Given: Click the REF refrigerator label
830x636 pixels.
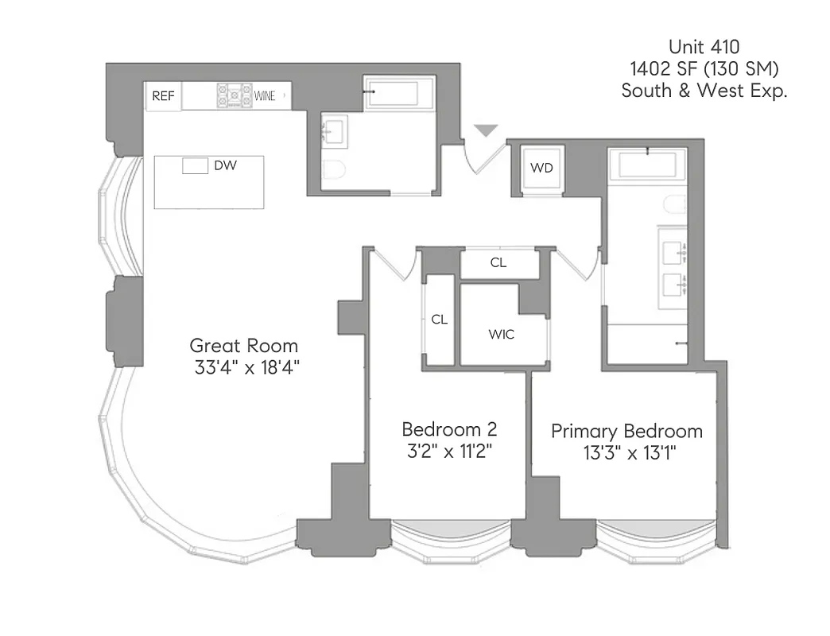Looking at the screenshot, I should tap(163, 96).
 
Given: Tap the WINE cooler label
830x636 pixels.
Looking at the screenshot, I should tap(266, 96).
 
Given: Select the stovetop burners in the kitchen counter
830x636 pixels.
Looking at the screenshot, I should tap(235, 96).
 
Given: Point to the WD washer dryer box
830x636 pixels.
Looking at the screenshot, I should tap(541, 169).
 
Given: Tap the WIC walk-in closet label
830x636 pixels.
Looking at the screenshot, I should tap(501, 334).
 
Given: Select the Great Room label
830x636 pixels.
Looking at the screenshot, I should tap(244, 346).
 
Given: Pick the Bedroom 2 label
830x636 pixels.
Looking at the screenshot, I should tap(449, 429).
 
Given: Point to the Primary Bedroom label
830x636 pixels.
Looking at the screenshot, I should tap(627, 432).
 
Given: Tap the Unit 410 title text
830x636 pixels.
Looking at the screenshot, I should tap(704, 46).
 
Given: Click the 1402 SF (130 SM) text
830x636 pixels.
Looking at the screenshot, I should tap(704, 68).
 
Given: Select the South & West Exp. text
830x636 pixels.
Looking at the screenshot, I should tap(704, 91).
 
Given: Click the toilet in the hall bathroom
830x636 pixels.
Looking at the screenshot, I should tap(335, 170).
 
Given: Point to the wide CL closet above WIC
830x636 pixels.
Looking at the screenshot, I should tap(498, 263).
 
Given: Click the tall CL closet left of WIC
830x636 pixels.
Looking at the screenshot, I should tap(439, 320).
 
